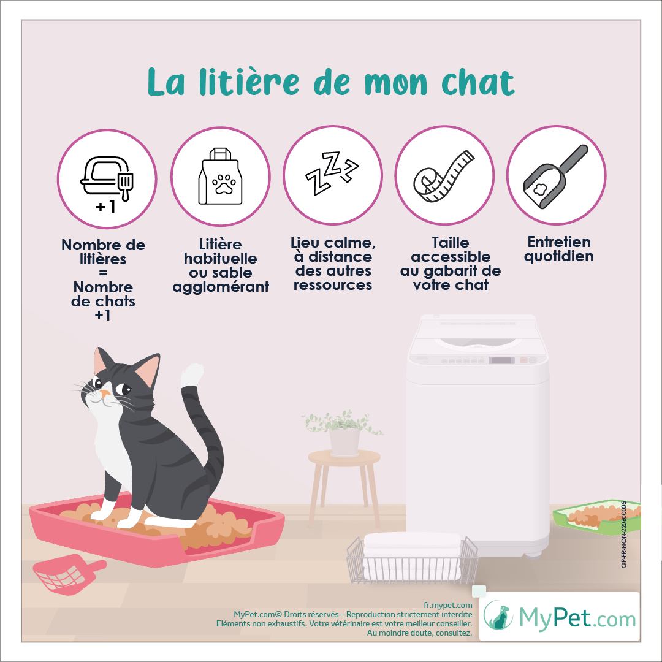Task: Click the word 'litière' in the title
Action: pos(249,82)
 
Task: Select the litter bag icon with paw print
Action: pos(221,176)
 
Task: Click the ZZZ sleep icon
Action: pos(332,172)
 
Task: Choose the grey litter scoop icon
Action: pos(556,176)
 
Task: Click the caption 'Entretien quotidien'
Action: pos(558,249)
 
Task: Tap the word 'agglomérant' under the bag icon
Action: pos(221,287)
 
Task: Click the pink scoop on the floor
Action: pos(67,574)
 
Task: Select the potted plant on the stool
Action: pos(343,433)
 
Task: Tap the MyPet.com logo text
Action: pos(577,618)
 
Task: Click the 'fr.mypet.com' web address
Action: pos(448,605)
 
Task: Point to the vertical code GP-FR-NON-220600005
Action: pos(623,534)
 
